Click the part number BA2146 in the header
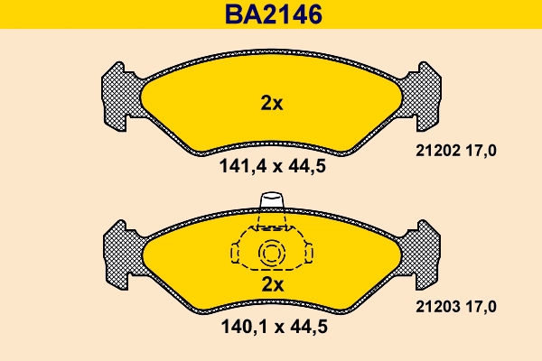point(271,15)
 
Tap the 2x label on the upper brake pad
point(271,103)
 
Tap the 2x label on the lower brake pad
point(271,284)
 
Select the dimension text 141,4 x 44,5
point(271,166)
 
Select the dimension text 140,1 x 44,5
point(271,329)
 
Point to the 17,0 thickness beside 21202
point(481,151)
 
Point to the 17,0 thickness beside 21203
point(481,308)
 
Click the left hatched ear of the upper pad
point(120,95)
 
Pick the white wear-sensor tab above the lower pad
point(271,200)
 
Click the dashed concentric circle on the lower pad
point(271,255)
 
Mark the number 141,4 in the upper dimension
point(241,166)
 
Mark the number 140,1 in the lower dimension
point(241,329)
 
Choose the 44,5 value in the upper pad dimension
point(306,166)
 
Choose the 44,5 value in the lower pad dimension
point(306,329)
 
